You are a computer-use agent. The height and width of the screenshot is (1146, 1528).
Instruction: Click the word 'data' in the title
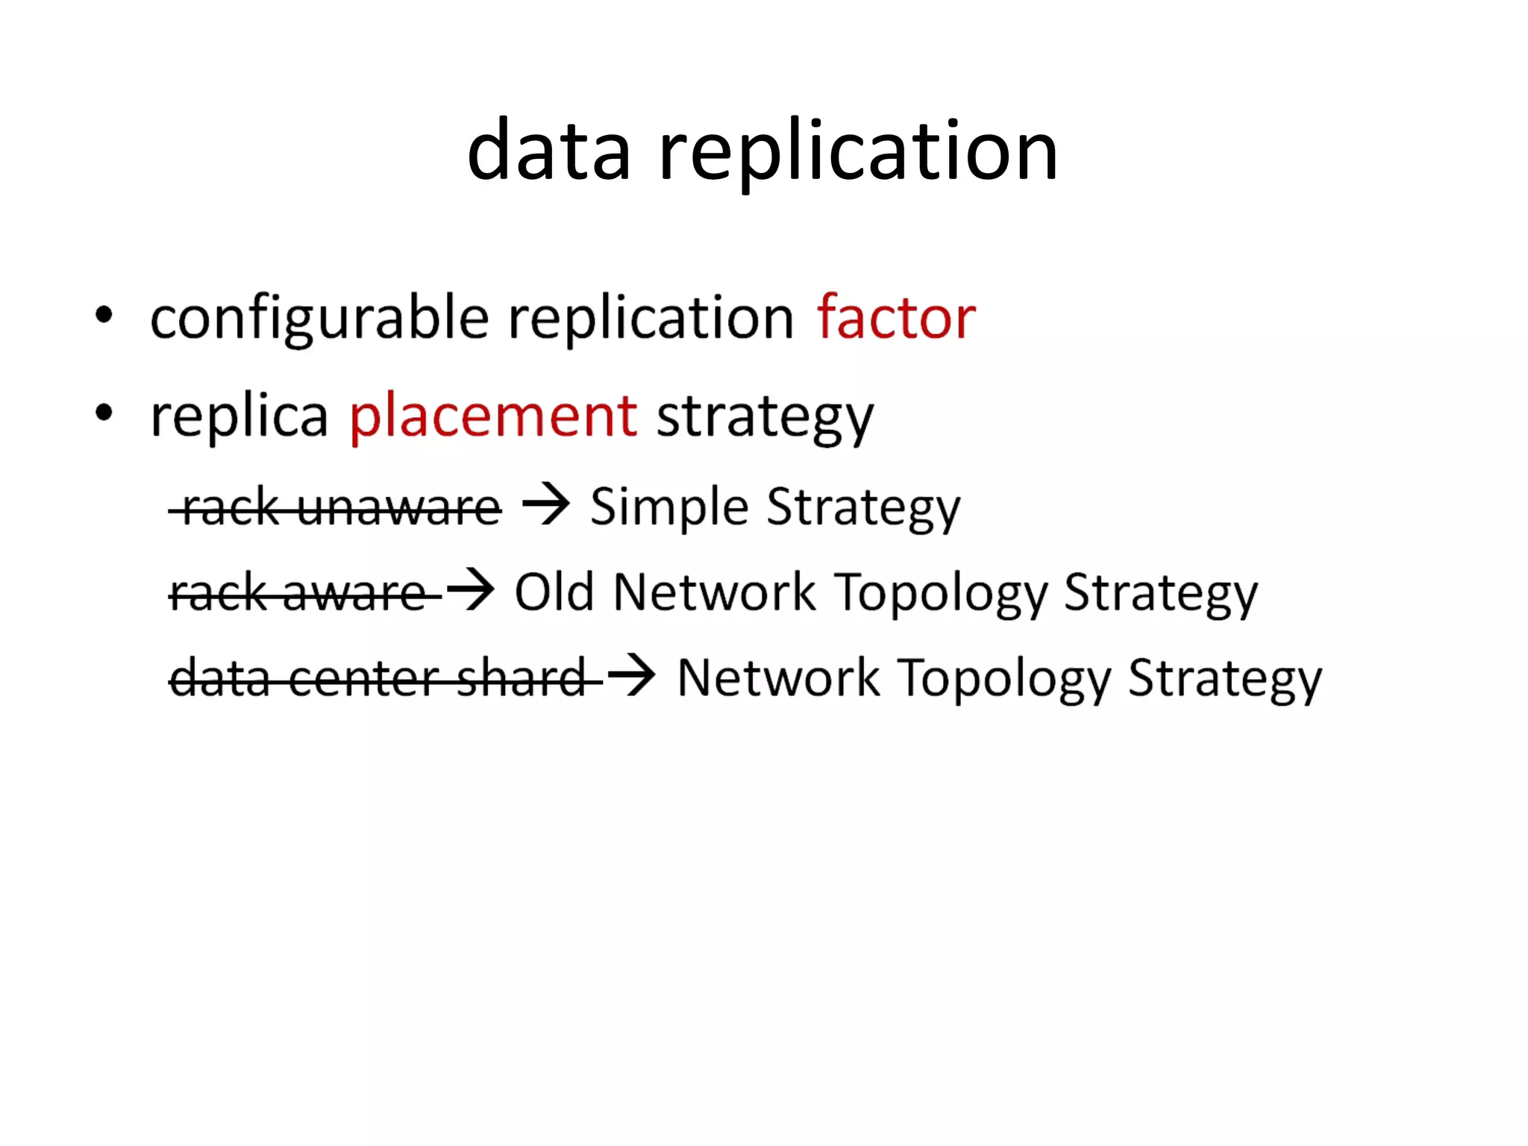(549, 151)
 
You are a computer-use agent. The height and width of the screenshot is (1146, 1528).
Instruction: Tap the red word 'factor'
(896, 318)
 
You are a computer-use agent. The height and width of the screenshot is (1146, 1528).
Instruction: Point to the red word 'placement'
(493, 416)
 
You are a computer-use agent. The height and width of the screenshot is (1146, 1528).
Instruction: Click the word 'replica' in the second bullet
(239, 416)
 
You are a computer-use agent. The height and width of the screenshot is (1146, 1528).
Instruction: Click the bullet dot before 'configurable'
(104, 316)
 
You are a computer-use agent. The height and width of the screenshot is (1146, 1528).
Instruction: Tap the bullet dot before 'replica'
(104, 413)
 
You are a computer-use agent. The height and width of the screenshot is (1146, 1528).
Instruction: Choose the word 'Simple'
(669, 507)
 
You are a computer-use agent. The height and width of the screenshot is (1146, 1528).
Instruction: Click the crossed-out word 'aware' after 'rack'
(354, 594)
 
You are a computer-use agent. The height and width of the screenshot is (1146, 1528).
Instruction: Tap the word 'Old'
(554, 592)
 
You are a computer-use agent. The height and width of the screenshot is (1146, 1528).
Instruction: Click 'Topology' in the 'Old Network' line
(941, 594)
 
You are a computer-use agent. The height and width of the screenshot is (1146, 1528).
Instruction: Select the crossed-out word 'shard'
(521, 679)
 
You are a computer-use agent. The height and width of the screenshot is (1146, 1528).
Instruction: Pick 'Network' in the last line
(778, 679)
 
